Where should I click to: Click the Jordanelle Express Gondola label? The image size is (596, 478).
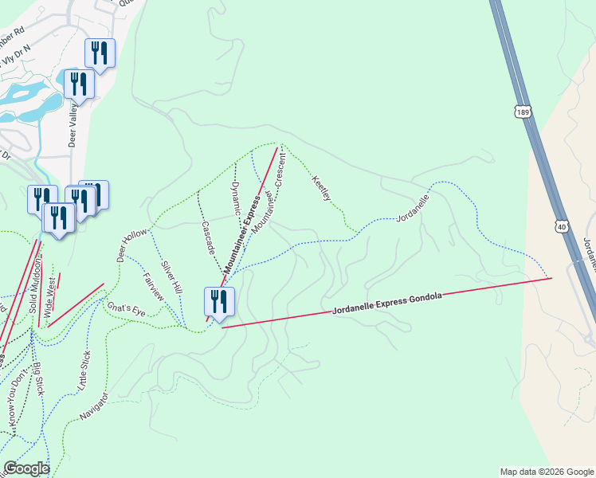click(x=386, y=302)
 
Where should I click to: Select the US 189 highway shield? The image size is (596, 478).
click(x=522, y=112)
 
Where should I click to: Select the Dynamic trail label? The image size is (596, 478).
click(x=236, y=199)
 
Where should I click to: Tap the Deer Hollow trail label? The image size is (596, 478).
click(x=133, y=245)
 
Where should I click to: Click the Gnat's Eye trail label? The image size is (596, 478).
click(x=125, y=307)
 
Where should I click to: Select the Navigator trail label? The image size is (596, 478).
click(x=94, y=406)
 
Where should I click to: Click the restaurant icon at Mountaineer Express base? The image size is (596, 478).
click(x=219, y=302)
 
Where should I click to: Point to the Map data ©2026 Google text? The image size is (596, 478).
click(x=547, y=472)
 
